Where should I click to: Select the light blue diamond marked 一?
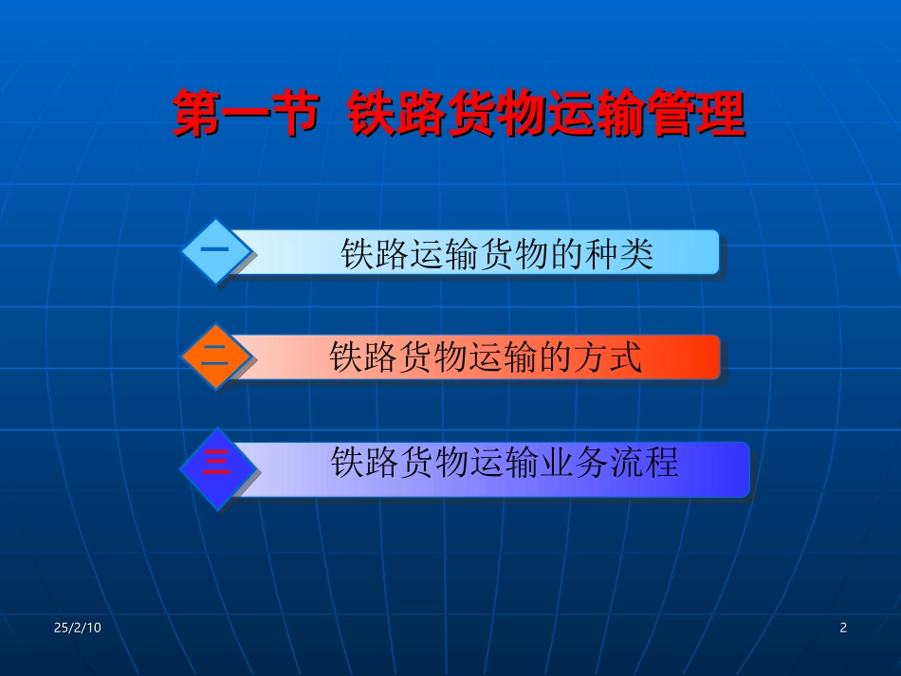[x=217, y=251]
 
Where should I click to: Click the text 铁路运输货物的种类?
[x=497, y=254]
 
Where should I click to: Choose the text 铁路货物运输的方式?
[x=486, y=358]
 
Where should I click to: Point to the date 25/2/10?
[x=77, y=628]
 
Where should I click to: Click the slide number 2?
[x=843, y=628]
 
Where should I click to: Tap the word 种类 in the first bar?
[x=620, y=254]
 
